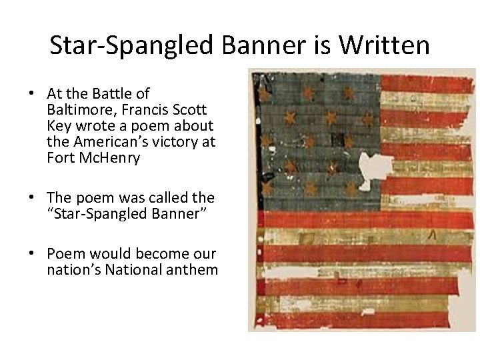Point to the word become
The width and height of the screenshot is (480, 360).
(156, 255)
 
